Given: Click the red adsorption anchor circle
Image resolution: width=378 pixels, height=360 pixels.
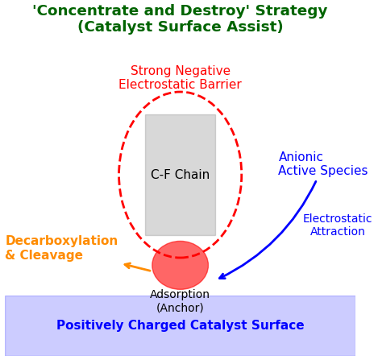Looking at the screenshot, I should pyautogui.click(x=180, y=265).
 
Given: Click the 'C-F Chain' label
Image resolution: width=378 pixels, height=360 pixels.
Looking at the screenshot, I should pyautogui.click(x=180, y=175).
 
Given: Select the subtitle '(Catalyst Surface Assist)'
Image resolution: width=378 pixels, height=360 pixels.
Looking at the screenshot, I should pyautogui.click(x=180, y=27).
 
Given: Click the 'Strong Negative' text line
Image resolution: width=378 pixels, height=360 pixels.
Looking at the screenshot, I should pyautogui.click(x=180, y=71).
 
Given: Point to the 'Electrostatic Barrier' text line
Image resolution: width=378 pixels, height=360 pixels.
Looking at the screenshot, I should pyautogui.click(x=180, y=85).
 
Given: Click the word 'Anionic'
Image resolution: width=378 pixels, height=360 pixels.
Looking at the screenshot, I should pyautogui.click(x=301, y=157).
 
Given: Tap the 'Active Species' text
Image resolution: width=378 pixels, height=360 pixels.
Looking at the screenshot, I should pyautogui.click(x=322, y=171).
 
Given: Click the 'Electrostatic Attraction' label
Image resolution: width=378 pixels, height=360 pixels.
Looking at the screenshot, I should pyautogui.click(x=337, y=225).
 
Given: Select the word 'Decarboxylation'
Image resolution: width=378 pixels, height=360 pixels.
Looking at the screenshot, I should pyautogui.click(x=61, y=241).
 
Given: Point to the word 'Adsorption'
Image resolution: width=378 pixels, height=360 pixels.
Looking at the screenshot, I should pyautogui.click(x=180, y=295).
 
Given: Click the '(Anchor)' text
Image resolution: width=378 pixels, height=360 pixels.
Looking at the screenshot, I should pyautogui.click(x=180, y=308).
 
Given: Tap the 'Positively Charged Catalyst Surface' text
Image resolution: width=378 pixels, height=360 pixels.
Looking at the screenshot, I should pyautogui.click(x=180, y=325).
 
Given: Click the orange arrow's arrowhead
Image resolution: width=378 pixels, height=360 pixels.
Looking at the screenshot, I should pyautogui.click(x=127, y=264).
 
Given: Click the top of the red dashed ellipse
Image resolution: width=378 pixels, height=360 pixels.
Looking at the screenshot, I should pyautogui.click(x=180, y=92).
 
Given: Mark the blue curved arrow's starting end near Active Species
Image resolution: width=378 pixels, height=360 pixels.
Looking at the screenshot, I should pyautogui.click(x=315, y=182).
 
